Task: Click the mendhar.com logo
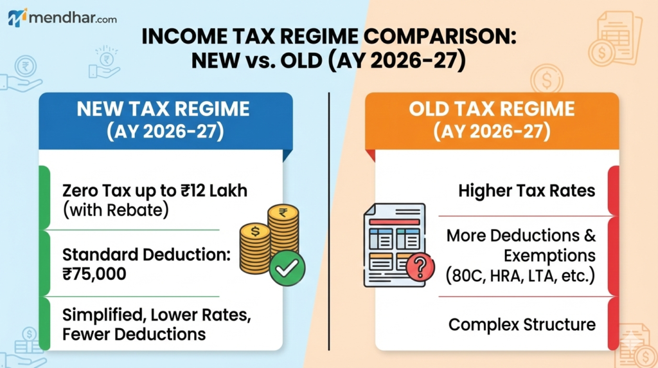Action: [x=62, y=17]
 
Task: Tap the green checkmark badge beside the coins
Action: [x=287, y=269]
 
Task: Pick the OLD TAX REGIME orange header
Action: [x=492, y=120]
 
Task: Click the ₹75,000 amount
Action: [x=94, y=274]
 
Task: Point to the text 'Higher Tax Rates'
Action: [x=527, y=191]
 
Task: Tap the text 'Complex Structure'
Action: [x=522, y=324]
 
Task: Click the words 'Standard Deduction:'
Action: [x=147, y=255]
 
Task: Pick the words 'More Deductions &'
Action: [x=520, y=235]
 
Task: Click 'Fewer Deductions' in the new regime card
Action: [x=134, y=335]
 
